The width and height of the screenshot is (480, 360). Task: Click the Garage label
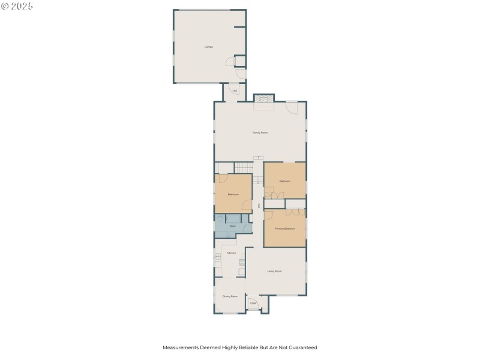click(209, 46)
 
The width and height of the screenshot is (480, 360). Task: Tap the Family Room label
click(260, 132)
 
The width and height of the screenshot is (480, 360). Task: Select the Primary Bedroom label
click(285, 229)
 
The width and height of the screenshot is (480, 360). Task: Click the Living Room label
click(275, 271)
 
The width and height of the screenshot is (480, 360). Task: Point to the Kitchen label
click(231, 253)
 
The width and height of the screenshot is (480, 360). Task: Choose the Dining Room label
click(230, 296)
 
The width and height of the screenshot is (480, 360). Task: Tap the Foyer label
click(253, 304)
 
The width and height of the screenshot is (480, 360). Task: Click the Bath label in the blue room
click(232, 226)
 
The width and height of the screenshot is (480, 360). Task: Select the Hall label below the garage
click(235, 91)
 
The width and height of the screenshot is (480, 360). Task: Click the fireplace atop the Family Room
click(263, 99)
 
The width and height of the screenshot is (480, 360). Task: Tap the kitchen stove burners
click(242, 262)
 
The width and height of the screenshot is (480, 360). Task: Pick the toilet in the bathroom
click(228, 235)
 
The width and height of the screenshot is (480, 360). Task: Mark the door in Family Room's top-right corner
click(292, 108)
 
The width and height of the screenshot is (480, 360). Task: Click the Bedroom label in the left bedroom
click(233, 194)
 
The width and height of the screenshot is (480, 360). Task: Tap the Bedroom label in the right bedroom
click(285, 181)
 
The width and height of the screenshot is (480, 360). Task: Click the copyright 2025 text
click(17, 5)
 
